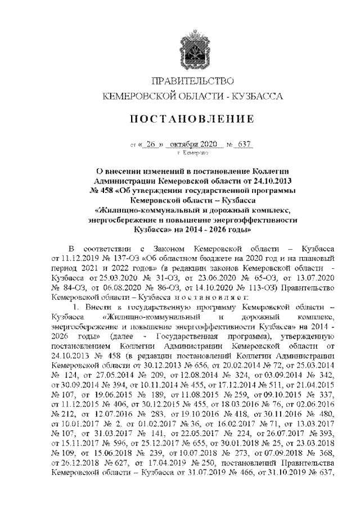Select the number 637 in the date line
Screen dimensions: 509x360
pyautogui.click(x=244, y=143)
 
